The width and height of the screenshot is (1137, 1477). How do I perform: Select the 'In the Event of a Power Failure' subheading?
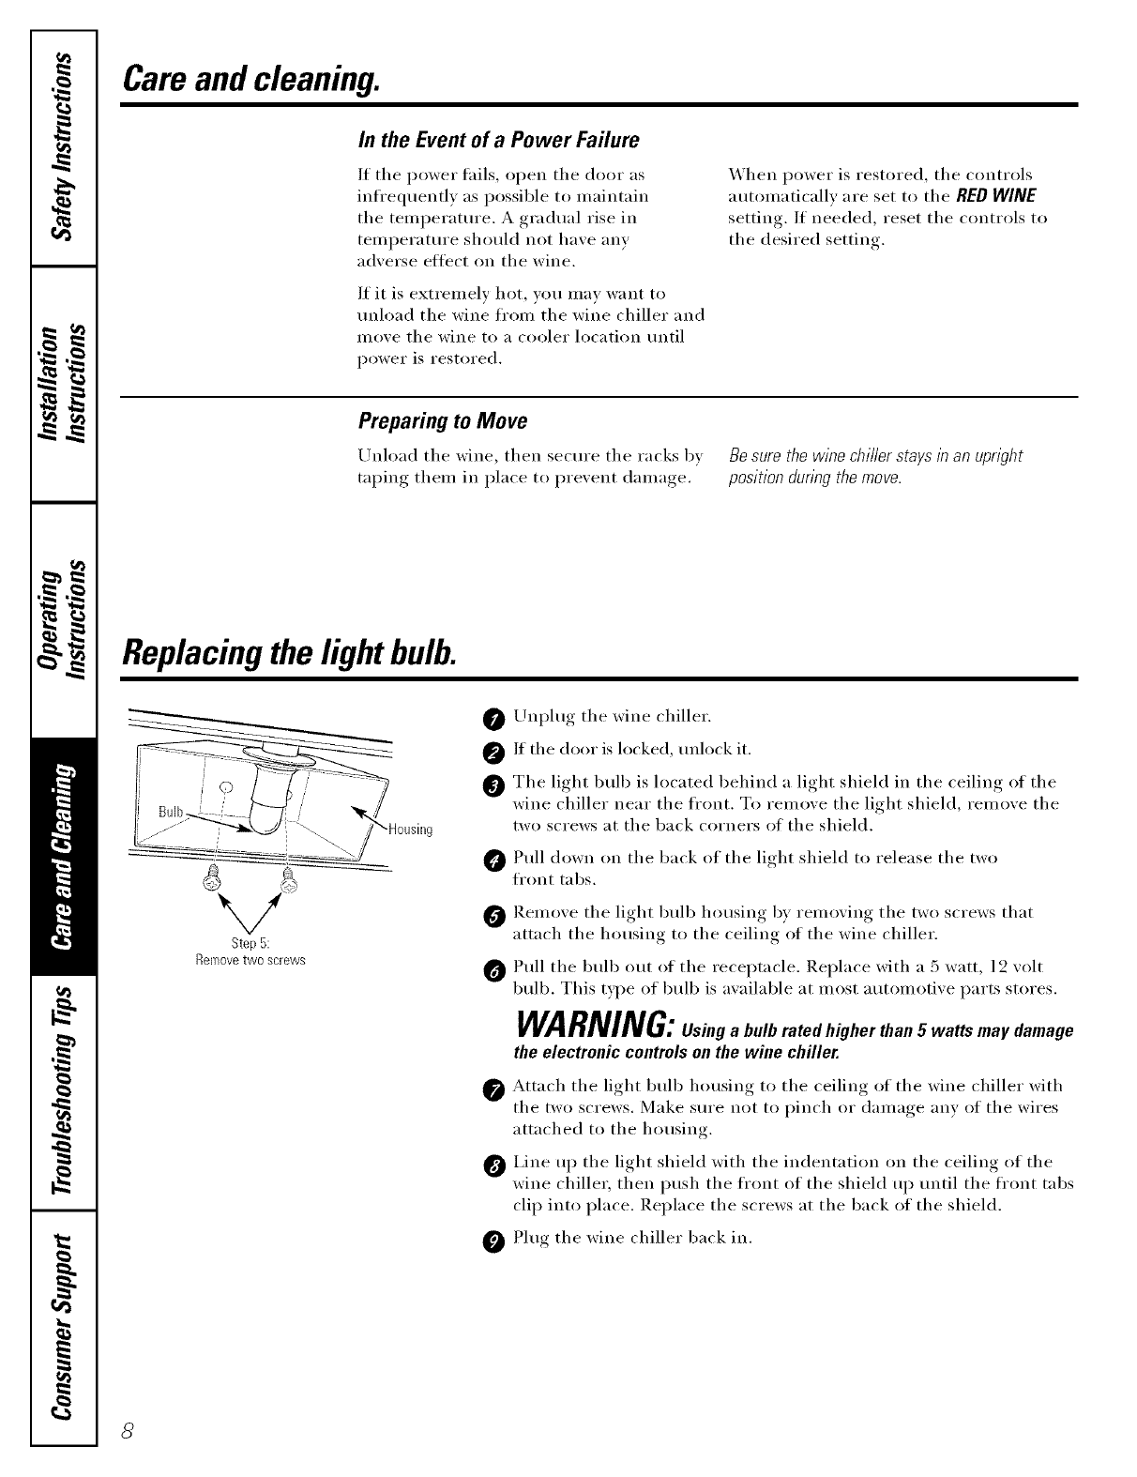[x=498, y=140]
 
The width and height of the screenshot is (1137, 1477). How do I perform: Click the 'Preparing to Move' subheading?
[x=443, y=421]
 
